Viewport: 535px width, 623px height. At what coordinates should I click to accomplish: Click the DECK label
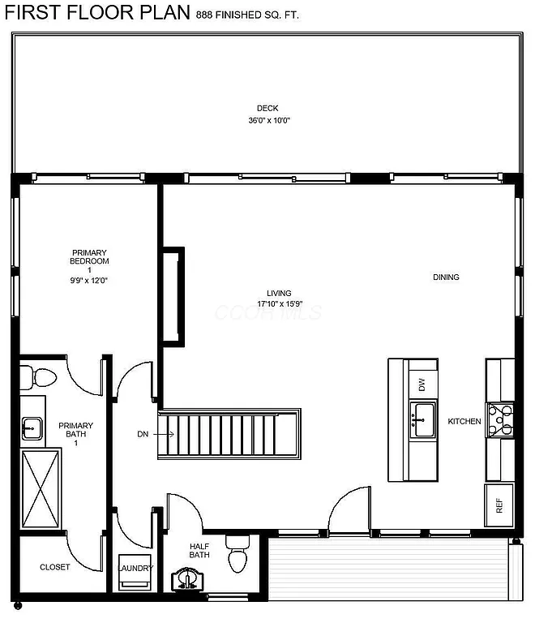click(x=267, y=109)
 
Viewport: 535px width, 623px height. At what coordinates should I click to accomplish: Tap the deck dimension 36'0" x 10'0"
click(x=269, y=121)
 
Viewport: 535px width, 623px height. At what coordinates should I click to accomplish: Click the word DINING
click(x=446, y=277)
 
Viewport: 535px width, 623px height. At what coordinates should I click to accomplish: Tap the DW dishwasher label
click(x=422, y=385)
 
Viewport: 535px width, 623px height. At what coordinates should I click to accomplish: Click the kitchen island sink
click(x=422, y=419)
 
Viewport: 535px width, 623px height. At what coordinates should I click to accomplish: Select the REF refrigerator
click(x=499, y=504)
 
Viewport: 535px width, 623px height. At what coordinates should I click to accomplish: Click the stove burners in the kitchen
click(x=499, y=420)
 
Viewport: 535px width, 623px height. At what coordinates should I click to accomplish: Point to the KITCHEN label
click(x=464, y=422)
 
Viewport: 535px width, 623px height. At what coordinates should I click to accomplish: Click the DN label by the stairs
click(x=143, y=435)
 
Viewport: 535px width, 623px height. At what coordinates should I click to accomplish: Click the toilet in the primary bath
click(x=40, y=377)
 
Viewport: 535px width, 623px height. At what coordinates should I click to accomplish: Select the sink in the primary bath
click(x=32, y=427)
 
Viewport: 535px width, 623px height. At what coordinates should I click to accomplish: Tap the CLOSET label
click(x=54, y=567)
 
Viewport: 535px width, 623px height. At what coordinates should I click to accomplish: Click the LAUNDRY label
click(x=135, y=568)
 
